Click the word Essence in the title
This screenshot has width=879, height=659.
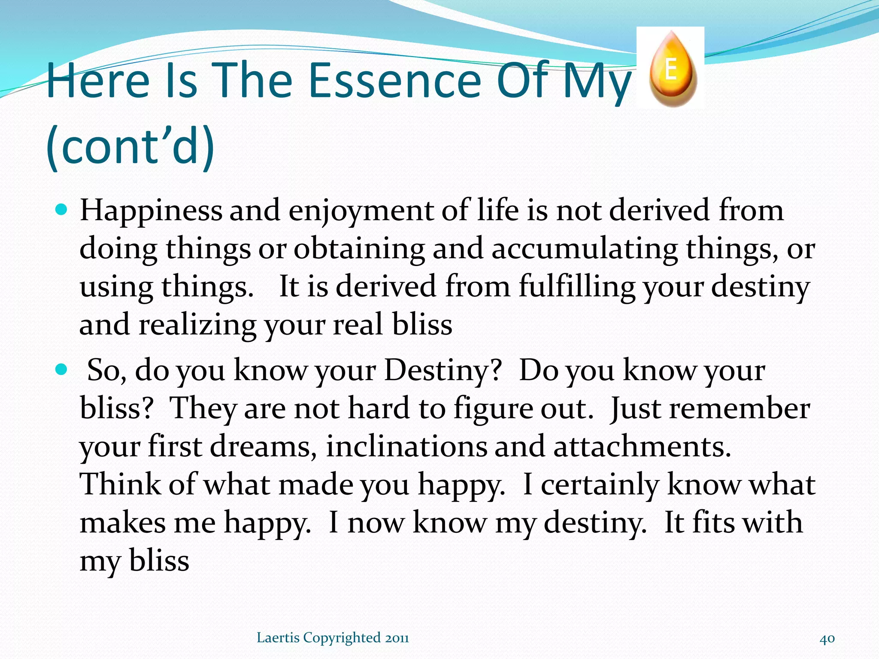click(394, 81)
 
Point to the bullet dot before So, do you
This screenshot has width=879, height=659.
click(62, 369)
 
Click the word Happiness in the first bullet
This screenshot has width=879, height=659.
click(151, 211)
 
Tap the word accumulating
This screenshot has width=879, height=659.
click(585, 249)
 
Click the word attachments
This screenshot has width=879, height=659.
click(642, 447)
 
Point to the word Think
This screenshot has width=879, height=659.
click(120, 485)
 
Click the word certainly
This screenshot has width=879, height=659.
click(599, 485)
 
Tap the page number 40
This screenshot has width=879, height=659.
click(827, 638)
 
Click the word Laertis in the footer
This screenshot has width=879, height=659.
click(278, 638)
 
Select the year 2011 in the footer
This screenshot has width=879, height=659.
click(397, 638)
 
